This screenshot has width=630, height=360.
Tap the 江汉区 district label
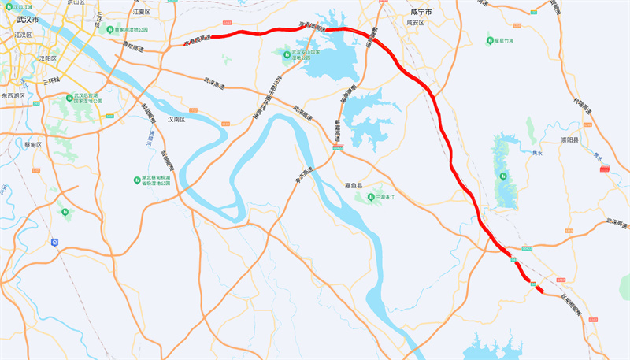tap(20, 35)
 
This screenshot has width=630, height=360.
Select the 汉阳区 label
tap(50, 58)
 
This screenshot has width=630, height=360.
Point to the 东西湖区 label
tap(13, 95)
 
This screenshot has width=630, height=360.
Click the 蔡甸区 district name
tap(33, 145)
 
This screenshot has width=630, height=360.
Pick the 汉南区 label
tap(176, 120)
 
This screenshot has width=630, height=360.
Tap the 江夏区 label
tap(142, 13)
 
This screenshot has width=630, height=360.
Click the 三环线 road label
tap(53, 80)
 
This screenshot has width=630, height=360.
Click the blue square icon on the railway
tap(54, 241)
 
